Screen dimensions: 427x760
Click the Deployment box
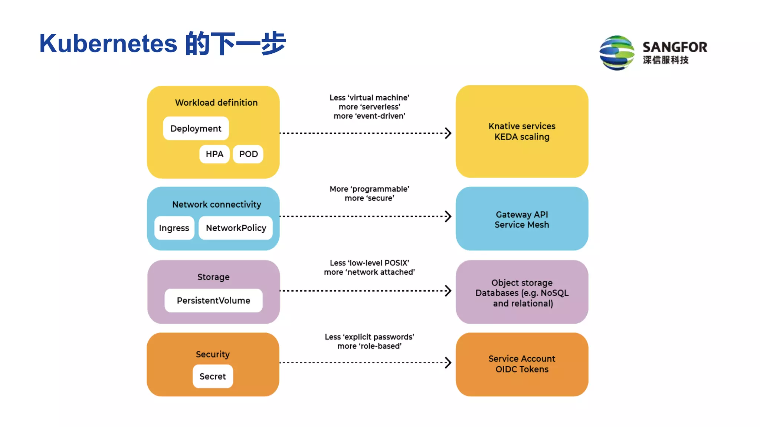196,129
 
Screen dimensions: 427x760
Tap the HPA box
214,154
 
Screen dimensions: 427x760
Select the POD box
248,154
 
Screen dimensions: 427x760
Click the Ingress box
174,228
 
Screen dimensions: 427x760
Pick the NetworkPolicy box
236,228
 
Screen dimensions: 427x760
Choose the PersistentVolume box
213,301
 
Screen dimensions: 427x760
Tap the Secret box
213,377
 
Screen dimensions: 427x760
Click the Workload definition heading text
216,103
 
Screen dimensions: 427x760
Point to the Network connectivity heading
216,205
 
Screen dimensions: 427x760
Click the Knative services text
522,126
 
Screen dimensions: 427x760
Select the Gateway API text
522,215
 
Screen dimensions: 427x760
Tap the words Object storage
522,283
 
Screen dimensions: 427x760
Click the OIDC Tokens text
522,370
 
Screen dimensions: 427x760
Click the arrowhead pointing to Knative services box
448,133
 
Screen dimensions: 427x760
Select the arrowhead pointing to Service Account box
448,363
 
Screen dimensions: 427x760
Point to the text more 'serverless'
369,107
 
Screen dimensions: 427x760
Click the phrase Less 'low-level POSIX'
369,263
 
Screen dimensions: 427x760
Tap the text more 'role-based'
369,346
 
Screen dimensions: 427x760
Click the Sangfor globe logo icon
617,53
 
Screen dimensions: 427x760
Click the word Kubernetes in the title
108,44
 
